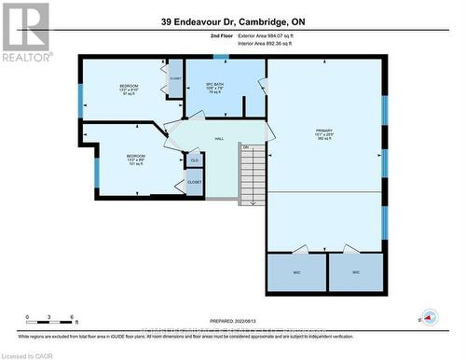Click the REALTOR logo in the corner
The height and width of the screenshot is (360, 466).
click(x=25, y=32)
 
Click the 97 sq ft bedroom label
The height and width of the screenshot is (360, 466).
click(x=128, y=90)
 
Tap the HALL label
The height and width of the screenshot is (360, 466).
click(x=219, y=138)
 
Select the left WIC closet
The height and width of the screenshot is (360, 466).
click(x=295, y=272)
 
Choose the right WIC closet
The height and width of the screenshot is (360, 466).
click(x=355, y=272)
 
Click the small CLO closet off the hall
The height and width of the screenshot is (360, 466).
click(x=194, y=161)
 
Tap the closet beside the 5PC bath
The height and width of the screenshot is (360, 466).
click(x=175, y=78)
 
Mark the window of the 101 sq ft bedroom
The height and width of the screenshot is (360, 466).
click(x=96, y=171)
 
